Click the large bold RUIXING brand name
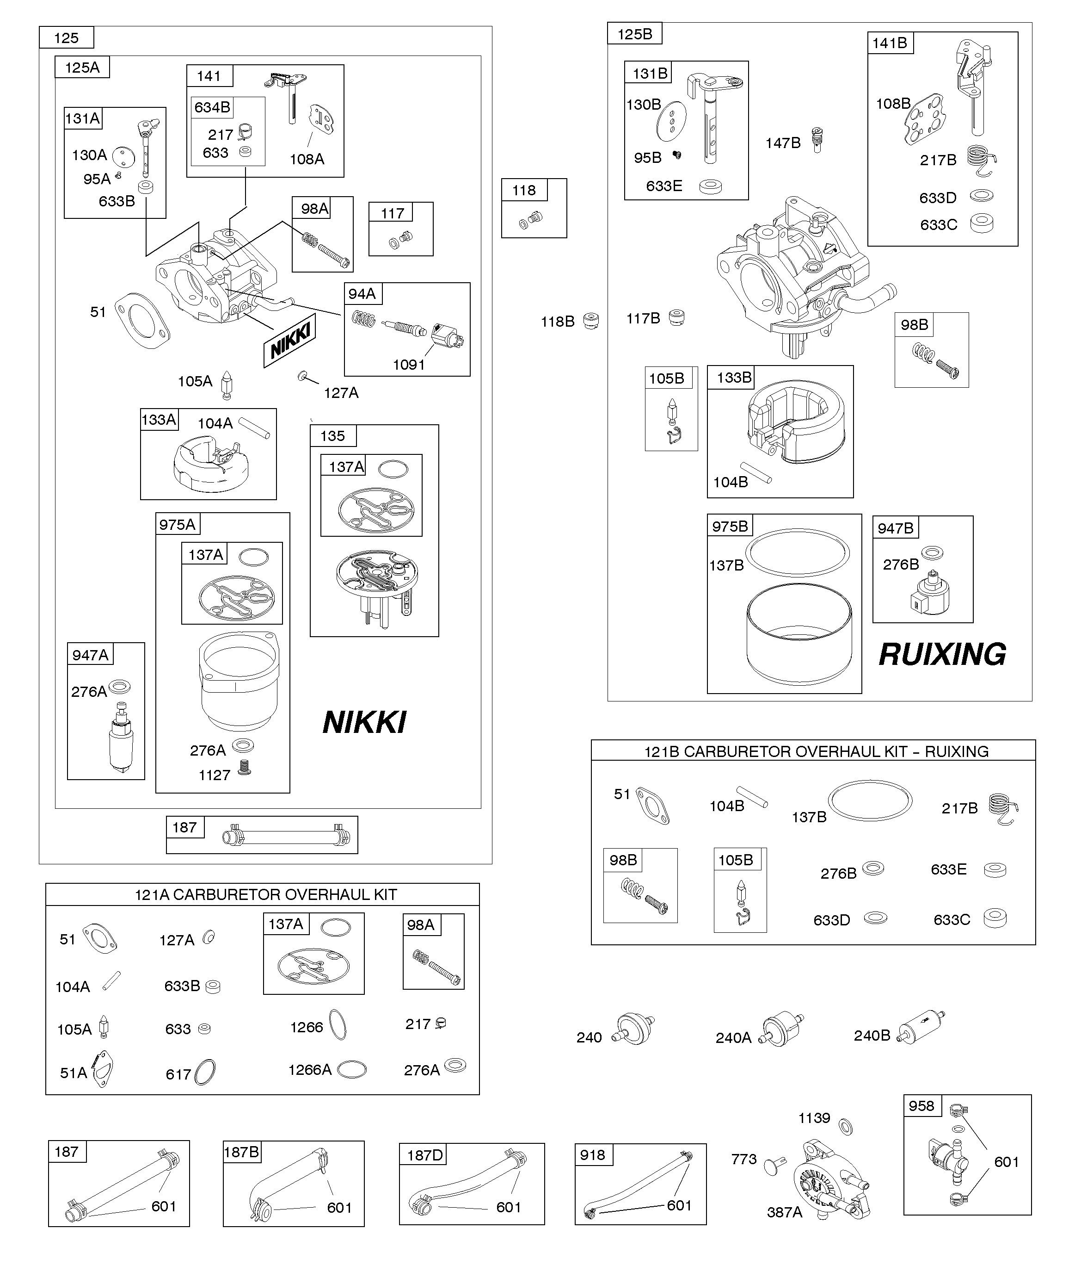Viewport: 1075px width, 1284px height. click(942, 654)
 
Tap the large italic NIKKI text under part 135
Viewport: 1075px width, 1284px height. click(364, 722)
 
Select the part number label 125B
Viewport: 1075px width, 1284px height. click(634, 34)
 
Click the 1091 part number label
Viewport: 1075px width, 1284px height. click(408, 365)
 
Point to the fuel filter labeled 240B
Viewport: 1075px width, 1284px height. click(921, 1027)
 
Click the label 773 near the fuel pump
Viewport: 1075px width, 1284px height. click(744, 1159)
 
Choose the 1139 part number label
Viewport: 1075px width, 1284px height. click(814, 1118)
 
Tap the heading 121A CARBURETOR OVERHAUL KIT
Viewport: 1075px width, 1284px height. click(266, 894)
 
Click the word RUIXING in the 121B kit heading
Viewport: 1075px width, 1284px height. click(957, 751)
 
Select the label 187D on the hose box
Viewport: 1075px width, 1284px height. click(425, 1155)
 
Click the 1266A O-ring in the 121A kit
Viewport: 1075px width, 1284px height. click(352, 1069)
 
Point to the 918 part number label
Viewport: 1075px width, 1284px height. click(592, 1155)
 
